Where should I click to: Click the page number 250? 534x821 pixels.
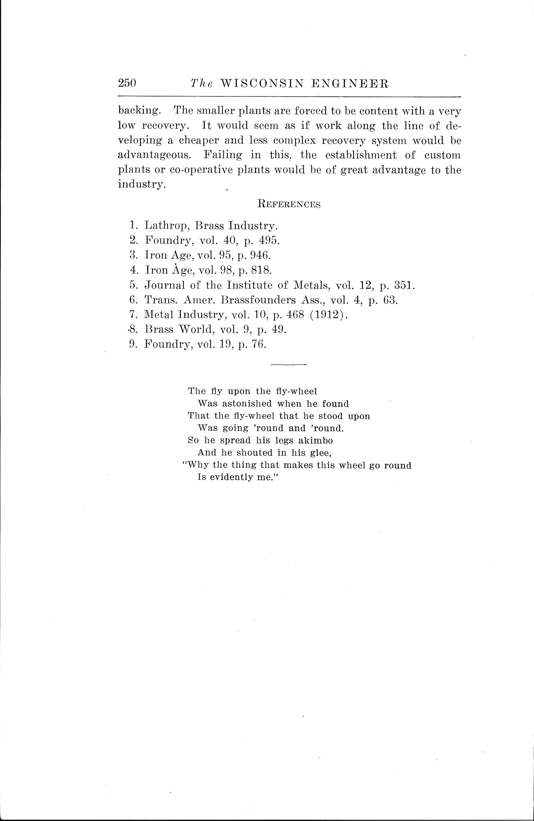pos(127,83)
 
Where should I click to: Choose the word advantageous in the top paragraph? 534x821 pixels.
pos(154,155)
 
